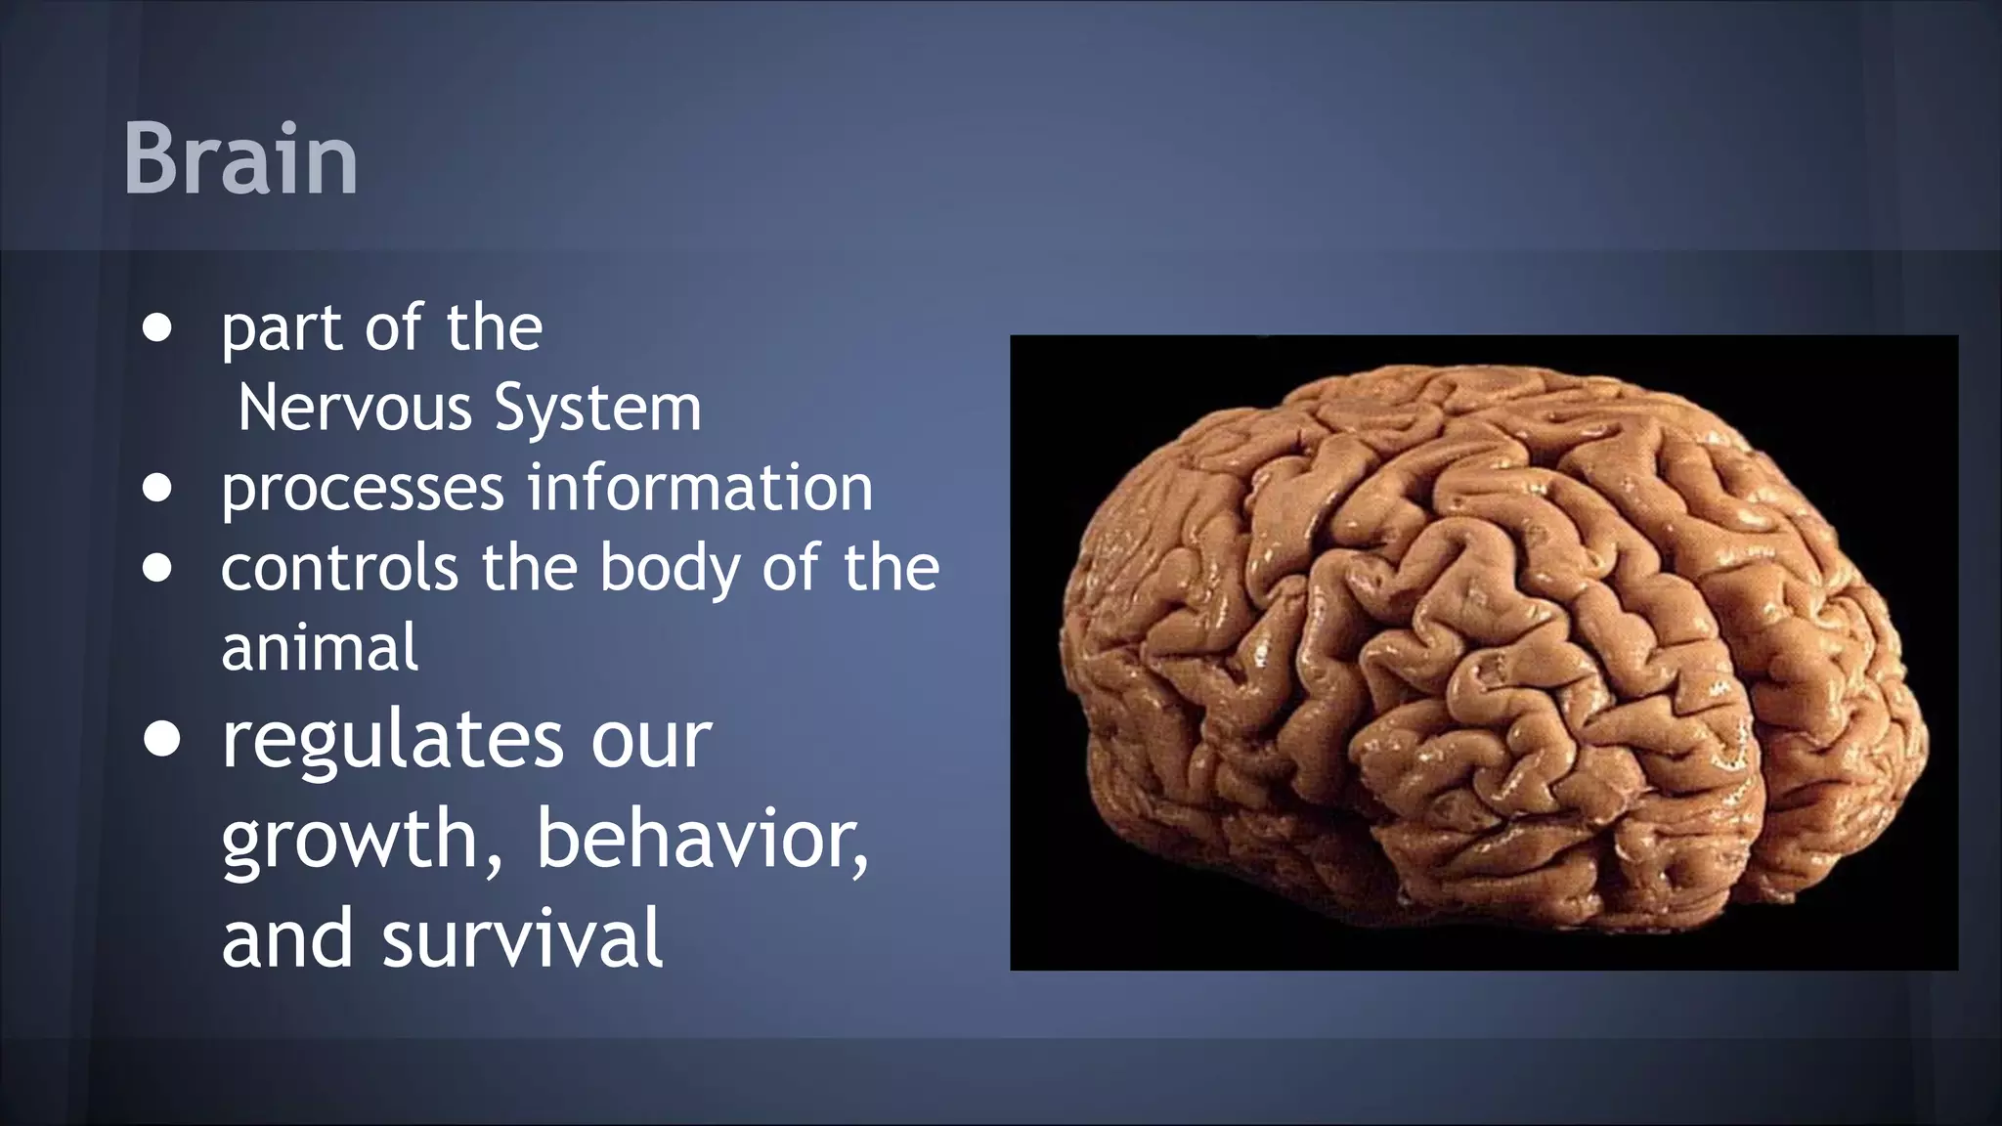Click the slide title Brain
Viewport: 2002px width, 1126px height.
point(240,158)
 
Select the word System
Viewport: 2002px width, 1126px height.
point(598,408)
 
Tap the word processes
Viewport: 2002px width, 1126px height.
point(362,489)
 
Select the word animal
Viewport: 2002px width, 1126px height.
point(320,648)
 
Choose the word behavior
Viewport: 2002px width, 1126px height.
point(702,839)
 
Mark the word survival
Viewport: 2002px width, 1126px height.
point(523,937)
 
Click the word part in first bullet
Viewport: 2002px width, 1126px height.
point(282,330)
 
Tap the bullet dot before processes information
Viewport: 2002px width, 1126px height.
point(157,488)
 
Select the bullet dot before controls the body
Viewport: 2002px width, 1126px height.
point(157,568)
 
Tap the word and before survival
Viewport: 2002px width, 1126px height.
point(286,937)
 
